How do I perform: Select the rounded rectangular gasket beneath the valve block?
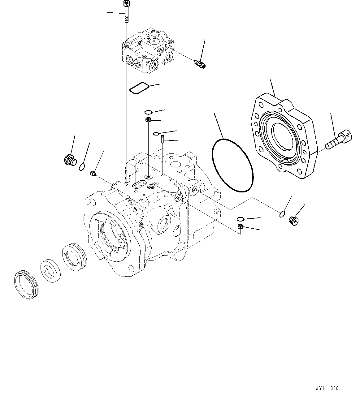coord(139,88)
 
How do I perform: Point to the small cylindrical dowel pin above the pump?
coord(162,138)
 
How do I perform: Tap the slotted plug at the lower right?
coord(293,220)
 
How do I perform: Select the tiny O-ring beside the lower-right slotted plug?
coord(281,213)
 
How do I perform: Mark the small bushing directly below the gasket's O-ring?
coord(148,120)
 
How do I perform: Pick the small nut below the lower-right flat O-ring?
coord(240,227)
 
